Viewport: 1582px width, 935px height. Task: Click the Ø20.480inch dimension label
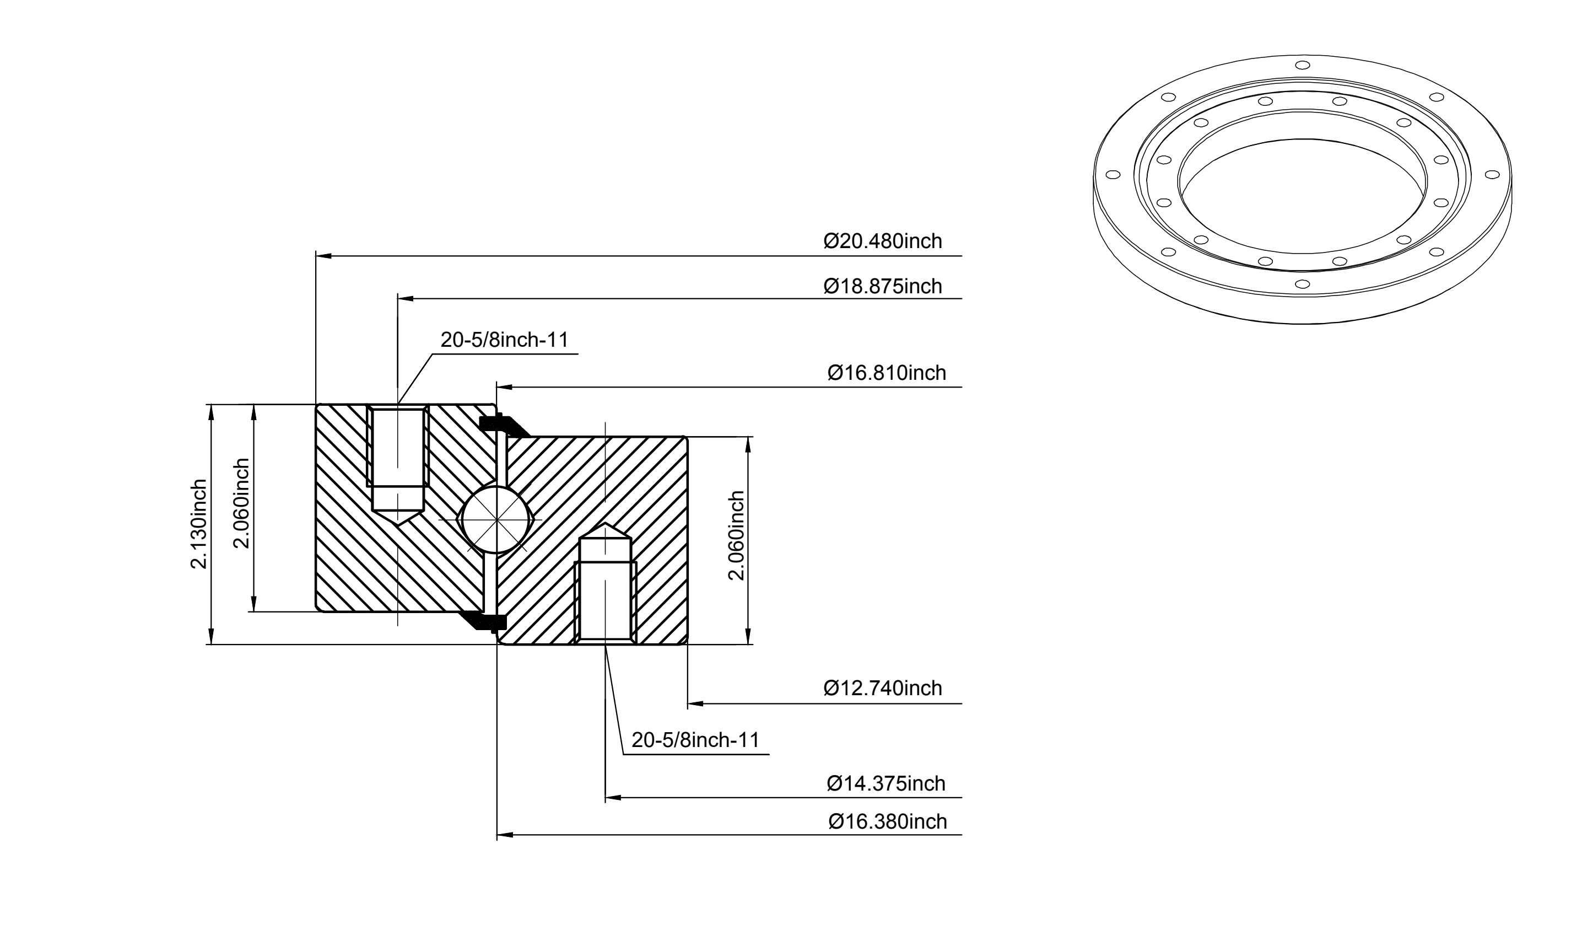click(882, 241)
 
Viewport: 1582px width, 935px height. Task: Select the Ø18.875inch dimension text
click(882, 286)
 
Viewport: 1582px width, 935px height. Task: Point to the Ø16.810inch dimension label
click(887, 373)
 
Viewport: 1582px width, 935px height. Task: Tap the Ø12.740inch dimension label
click(882, 688)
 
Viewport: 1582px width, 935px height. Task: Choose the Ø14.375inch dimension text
click(886, 784)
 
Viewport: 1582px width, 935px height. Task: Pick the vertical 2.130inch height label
click(199, 524)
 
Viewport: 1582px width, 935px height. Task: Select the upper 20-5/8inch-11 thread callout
click(504, 340)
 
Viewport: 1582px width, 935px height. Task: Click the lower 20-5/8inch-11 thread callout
click(696, 740)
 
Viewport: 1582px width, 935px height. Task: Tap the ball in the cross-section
click(497, 520)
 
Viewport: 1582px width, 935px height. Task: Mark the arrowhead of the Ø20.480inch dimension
click(323, 256)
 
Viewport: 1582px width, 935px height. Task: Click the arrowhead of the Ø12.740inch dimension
click(695, 703)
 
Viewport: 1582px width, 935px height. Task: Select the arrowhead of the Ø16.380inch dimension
click(505, 835)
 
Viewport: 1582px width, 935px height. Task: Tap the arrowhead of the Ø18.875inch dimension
click(406, 299)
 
